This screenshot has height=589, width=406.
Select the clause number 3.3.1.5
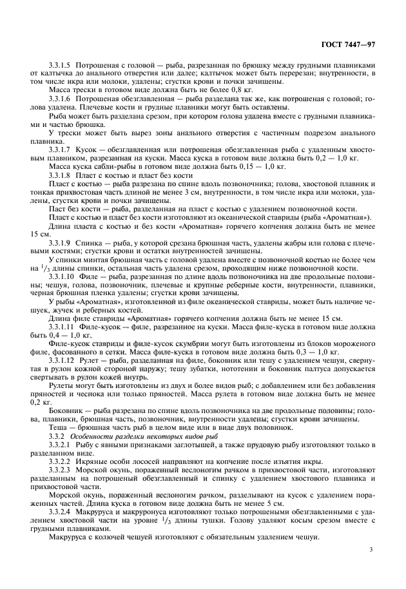pyautogui.click(x=61, y=66)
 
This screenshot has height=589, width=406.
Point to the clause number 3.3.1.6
pyautogui.click(x=61, y=99)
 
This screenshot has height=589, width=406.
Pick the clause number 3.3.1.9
pyautogui.click(x=61, y=243)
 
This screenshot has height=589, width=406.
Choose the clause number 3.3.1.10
pyautogui.click(x=63, y=276)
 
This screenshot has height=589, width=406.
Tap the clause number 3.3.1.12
pyautogui.click(x=63, y=361)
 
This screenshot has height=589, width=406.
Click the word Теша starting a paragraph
pyautogui.click(x=59, y=427)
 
